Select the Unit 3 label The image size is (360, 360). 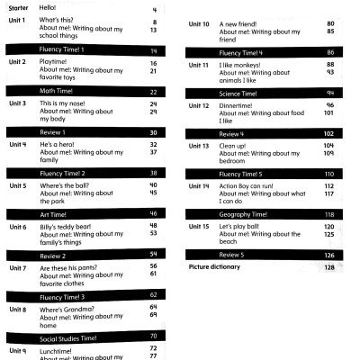(17, 103)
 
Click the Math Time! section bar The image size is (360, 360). (85, 91)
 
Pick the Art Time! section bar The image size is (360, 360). (85, 212)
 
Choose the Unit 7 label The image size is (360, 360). (17, 267)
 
